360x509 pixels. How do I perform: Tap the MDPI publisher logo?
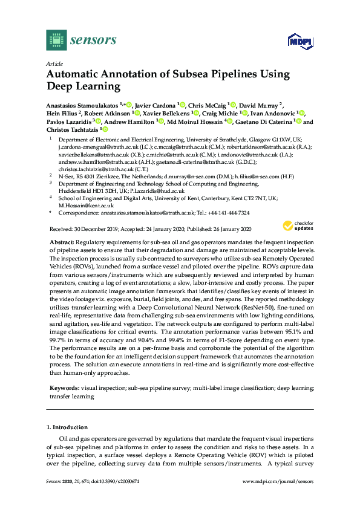[x=300, y=41]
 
